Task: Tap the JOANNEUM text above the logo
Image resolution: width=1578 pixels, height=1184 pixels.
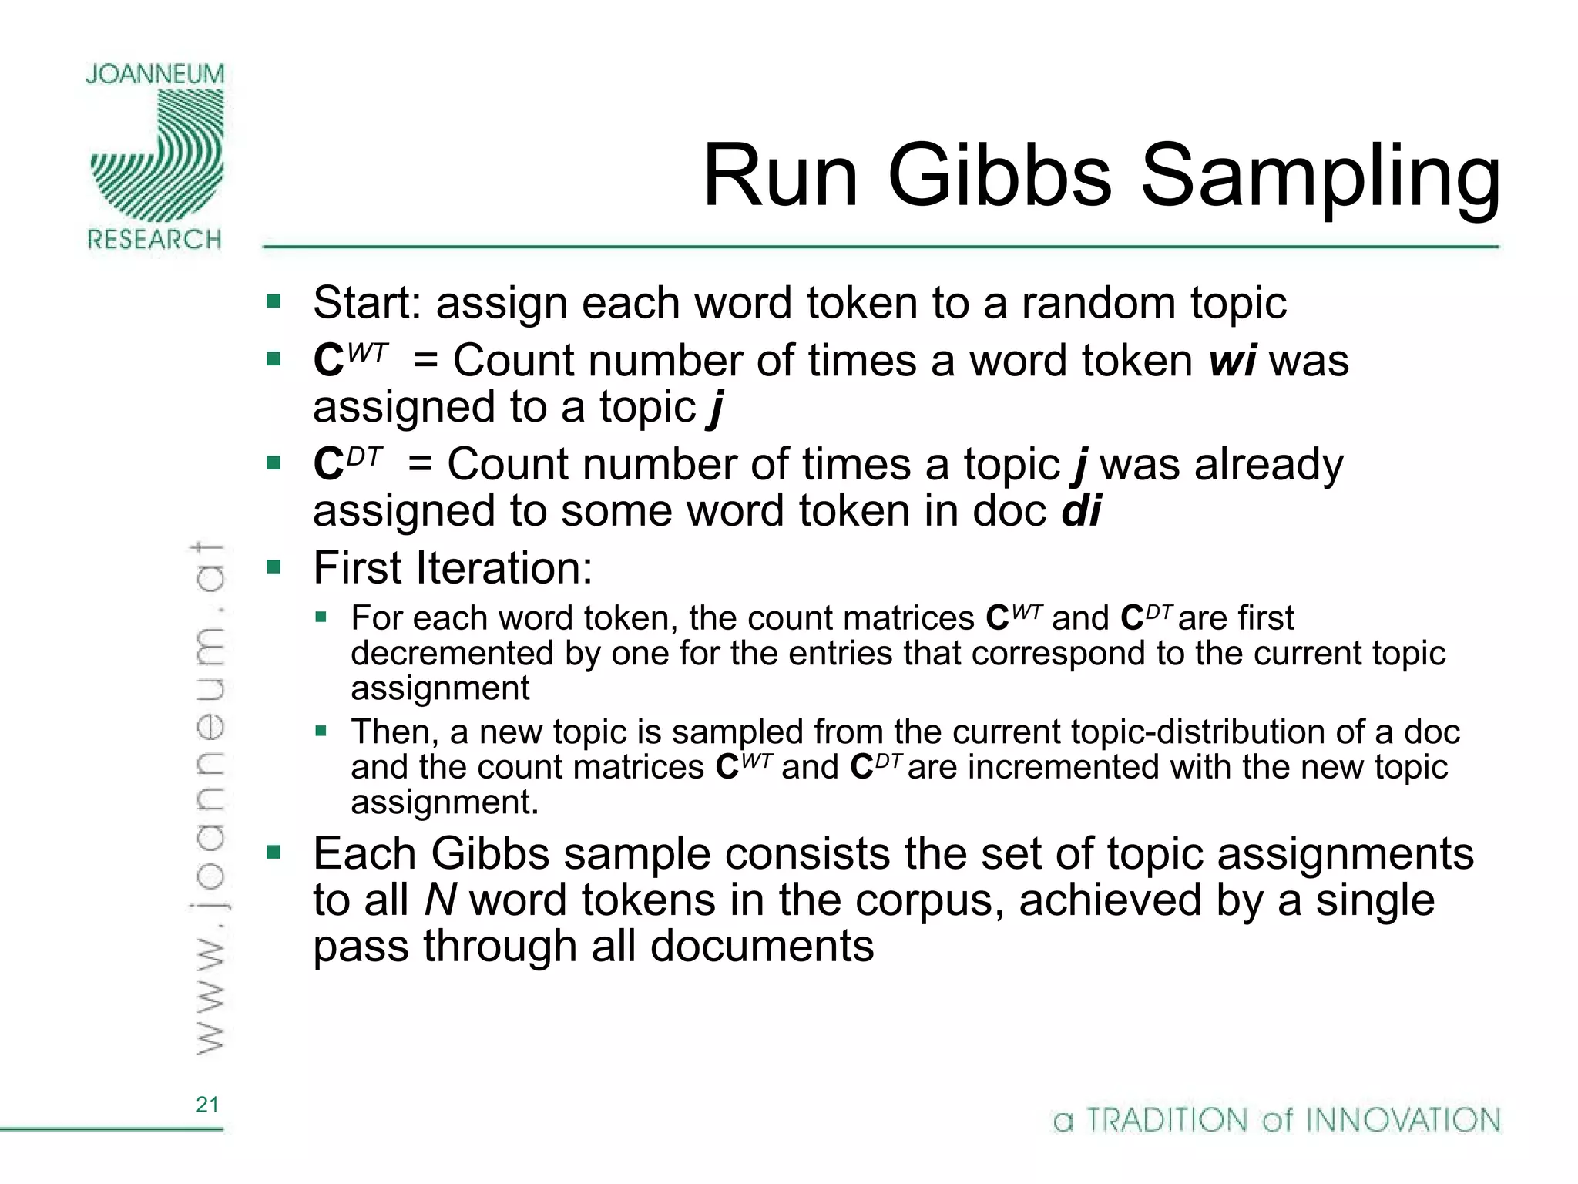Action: coord(155,74)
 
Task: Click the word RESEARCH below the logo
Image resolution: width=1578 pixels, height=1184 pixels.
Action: coord(155,240)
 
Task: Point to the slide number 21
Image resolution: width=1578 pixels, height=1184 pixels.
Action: coord(207,1105)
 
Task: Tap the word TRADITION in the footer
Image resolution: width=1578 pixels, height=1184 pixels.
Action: coord(1167,1120)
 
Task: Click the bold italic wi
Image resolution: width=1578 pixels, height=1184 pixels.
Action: coord(1233,361)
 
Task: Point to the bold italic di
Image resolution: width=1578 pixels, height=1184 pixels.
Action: coord(1081,511)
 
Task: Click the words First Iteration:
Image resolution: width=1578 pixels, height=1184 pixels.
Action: coord(452,569)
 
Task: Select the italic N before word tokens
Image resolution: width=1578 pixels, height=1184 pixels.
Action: coord(441,900)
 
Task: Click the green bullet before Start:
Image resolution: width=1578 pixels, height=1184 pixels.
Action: coord(274,301)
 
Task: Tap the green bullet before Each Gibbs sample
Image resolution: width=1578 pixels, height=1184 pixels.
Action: coord(274,852)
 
